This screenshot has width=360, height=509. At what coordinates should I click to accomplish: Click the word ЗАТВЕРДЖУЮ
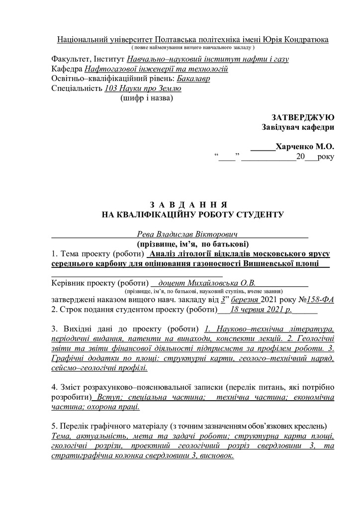[x=303, y=117]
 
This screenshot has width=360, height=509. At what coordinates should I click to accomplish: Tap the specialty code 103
[x=111, y=88]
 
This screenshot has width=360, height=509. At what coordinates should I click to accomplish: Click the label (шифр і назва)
[x=147, y=98]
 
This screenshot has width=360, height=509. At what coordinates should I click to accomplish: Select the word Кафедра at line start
[x=67, y=69]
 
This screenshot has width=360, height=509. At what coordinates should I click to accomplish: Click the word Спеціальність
[x=77, y=88]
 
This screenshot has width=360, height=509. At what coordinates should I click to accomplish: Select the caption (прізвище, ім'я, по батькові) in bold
[x=192, y=244]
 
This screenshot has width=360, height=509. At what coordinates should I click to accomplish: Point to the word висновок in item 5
[x=215, y=455]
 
